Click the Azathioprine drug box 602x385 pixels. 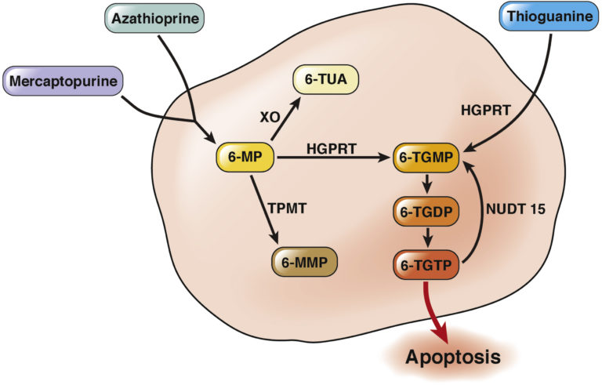click(x=154, y=18)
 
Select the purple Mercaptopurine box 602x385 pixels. click(x=63, y=81)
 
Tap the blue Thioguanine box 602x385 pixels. click(x=549, y=16)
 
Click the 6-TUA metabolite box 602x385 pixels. click(x=326, y=79)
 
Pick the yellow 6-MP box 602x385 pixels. click(x=245, y=157)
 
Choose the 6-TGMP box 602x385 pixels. click(x=426, y=158)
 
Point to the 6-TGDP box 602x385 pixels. click(x=426, y=212)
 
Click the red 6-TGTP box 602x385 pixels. click(x=426, y=265)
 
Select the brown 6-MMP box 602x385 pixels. click(x=304, y=262)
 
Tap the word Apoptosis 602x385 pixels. click(x=453, y=357)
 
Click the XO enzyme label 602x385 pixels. click(x=270, y=117)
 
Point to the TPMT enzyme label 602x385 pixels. click(x=287, y=209)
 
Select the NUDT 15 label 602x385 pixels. click(x=516, y=209)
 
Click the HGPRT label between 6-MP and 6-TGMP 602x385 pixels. click(x=332, y=148)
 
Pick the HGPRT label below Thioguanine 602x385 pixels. click(x=485, y=111)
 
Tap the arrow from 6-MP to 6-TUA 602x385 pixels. click(x=286, y=118)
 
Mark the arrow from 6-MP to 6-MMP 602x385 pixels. click(x=264, y=209)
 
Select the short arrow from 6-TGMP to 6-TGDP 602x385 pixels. click(x=426, y=184)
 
